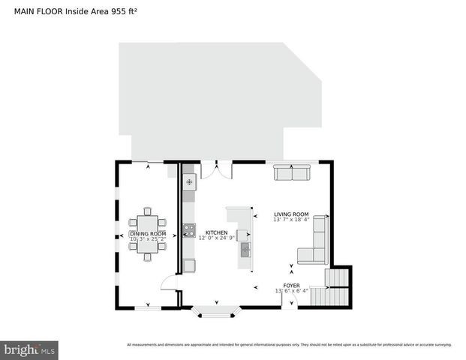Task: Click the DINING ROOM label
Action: [x=148, y=234]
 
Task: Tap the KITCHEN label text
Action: [x=216, y=232]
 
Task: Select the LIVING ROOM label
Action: [x=291, y=214]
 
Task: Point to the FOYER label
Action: [x=291, y=285]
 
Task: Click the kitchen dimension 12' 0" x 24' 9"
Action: [x=217, y=238]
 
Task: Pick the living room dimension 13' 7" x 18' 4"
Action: [x=291, y=220]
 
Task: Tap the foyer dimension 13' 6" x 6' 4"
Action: [x=291, y=291]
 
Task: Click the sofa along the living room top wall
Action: [x=292, y=173]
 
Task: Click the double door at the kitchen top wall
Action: [x=216, y=169]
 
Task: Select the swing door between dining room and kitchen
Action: [x=170, y=283]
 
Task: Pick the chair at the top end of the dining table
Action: [x=148, y=211]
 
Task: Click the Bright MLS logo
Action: [x=29, y=349]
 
